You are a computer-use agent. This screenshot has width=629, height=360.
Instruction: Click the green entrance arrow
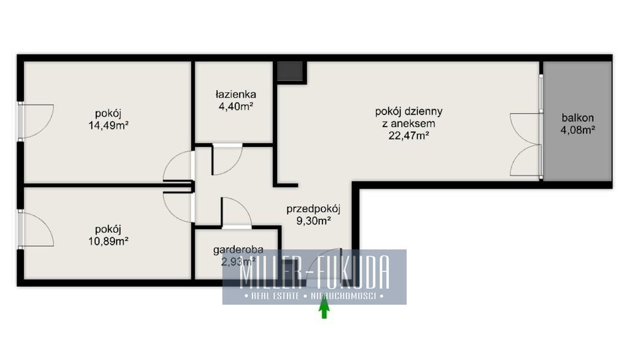[324, 310]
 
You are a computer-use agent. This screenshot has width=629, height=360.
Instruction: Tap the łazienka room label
[235, 95]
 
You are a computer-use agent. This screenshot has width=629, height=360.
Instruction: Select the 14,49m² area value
[108, 125]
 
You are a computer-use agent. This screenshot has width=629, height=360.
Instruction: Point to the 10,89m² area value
[108, 241]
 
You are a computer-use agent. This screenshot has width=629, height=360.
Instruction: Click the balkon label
[577, 118]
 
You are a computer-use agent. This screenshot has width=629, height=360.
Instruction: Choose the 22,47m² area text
[408, 136]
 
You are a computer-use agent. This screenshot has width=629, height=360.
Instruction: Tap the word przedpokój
[313, 209]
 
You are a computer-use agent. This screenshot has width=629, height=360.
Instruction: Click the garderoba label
[238, 251]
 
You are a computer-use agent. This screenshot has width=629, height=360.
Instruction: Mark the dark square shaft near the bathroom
[290, 71]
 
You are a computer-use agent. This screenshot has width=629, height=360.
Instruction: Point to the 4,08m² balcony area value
[577, 130]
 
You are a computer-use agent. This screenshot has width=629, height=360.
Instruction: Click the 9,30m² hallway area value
[313, 221]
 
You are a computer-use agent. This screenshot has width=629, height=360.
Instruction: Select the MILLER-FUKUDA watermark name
[314, 273]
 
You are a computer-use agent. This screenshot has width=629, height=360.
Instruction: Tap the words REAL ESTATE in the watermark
[275, 296]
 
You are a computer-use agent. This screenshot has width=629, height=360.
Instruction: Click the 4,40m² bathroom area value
[235, 106]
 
